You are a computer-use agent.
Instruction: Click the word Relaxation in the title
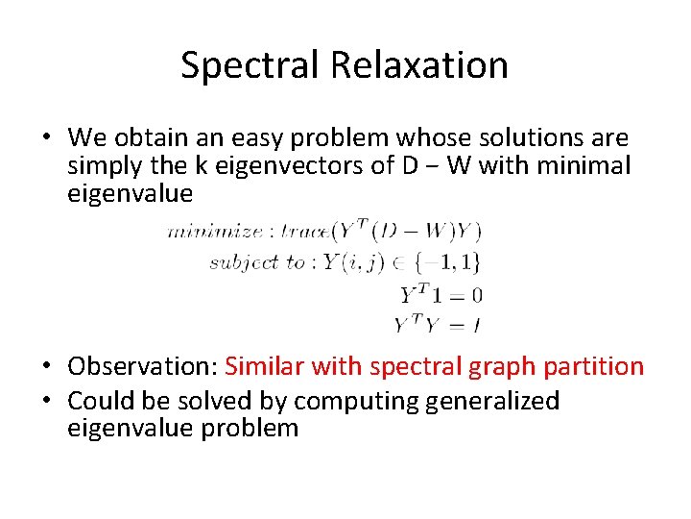coord(418,65)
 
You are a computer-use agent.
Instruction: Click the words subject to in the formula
coord(257,261)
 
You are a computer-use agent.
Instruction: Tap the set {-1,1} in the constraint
coord(451,261)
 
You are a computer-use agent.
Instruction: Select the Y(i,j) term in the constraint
coord(367,261)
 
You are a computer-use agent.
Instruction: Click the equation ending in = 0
coord(441,294)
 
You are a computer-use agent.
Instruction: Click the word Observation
coord(143,367)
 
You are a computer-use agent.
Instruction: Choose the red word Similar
coord(260,367)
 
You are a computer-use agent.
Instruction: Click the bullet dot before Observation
coord(47,367)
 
